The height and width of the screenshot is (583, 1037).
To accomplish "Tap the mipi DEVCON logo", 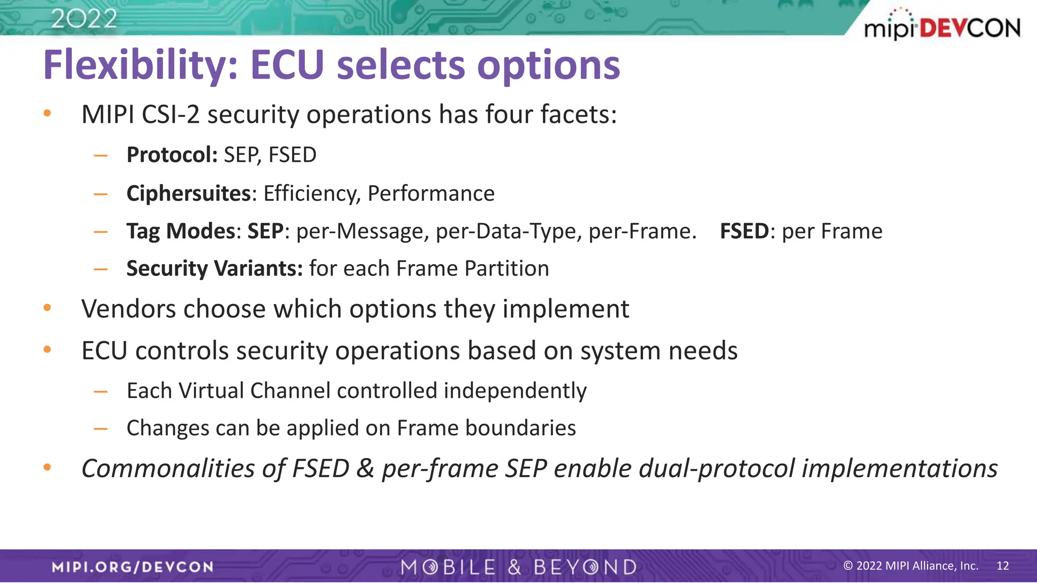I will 942,26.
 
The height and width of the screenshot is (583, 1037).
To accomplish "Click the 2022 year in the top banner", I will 84,19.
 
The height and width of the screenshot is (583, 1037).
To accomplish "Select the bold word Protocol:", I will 172,155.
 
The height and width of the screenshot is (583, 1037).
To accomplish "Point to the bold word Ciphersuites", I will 188,193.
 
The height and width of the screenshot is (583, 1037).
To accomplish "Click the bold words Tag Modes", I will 180,231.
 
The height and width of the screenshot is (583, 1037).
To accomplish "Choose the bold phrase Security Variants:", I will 214,268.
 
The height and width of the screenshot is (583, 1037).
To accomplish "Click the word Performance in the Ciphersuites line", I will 431,193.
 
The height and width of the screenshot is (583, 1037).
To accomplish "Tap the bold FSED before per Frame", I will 744,231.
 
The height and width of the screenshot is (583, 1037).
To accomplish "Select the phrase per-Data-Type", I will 508,231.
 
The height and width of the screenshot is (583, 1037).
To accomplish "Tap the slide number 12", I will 1003,566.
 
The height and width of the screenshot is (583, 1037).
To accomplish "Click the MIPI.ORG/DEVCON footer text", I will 133,567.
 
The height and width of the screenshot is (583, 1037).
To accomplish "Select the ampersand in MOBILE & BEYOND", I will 514,567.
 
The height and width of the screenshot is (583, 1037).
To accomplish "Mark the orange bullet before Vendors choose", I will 48,308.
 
